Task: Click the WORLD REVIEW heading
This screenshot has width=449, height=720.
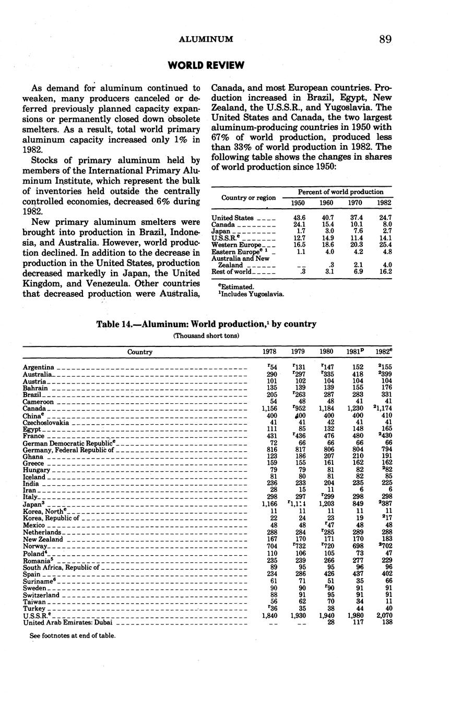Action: tap(206, 65)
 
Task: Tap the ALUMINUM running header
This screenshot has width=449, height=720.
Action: tap(206, 39)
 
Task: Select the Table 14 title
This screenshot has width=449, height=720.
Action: tap(206, 324)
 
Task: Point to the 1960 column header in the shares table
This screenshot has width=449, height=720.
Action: tap(327, 203)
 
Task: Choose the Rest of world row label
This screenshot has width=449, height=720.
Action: tap(231, 272)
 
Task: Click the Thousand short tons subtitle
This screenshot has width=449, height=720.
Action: tap(206, 335)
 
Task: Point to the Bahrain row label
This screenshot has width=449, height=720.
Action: tap(36, 388)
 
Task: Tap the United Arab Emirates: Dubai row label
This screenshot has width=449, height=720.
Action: tap(68, 622)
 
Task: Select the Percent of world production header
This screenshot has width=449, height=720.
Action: tap(337, 192)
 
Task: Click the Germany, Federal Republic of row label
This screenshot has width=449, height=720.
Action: tap(68, 450)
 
